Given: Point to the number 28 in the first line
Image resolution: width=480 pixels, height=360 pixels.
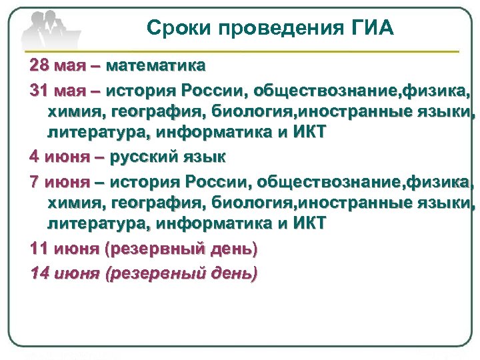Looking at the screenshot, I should point(40,67).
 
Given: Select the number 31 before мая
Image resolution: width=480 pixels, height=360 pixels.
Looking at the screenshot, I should point(40,89).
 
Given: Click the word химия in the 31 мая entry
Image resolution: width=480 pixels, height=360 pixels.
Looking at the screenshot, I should point(73,111).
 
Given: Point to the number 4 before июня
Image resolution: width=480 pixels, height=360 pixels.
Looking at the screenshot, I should point(34,158).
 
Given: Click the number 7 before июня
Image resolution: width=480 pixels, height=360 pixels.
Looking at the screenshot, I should point(35,181).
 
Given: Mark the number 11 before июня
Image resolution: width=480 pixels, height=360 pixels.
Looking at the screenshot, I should point(39,249).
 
